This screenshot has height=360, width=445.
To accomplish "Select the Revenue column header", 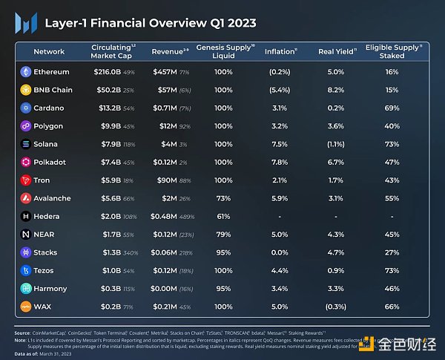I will click(167, 51).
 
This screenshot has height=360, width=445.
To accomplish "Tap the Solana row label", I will click(46, 144).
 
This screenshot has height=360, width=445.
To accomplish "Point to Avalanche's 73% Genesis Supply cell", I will click(223, 198).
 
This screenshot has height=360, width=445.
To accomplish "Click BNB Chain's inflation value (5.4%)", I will click(280, 90).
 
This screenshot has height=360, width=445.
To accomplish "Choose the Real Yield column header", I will click(335, 51).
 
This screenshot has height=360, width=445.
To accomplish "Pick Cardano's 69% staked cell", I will click(392, 108).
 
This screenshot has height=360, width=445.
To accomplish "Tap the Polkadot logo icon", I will click(26, 163).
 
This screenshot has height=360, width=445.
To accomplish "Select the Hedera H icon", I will click(26, 217).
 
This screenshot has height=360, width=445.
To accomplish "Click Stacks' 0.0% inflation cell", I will click(280, 252).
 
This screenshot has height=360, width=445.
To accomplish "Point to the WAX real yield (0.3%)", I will click(335, 307).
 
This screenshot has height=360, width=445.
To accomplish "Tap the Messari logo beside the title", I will click(24, 23).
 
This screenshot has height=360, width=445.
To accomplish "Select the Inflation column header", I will click(278, 51).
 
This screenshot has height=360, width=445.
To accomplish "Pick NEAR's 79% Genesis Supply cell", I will click(223, 235).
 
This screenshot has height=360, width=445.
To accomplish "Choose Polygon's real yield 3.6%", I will click(335, 126).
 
